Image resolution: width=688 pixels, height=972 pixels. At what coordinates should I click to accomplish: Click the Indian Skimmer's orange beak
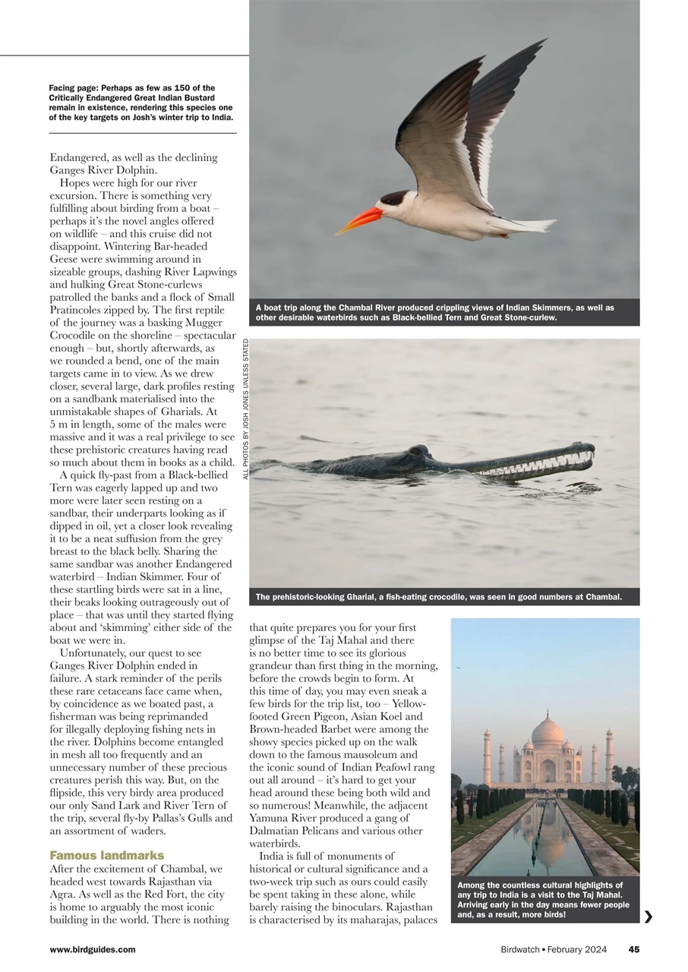coord(358,220)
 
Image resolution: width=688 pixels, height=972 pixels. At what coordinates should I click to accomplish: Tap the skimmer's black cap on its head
coord(394,198)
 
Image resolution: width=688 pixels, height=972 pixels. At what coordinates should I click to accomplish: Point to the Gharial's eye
coord(416,451)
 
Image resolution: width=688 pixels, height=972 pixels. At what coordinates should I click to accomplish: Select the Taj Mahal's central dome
coord(548,731)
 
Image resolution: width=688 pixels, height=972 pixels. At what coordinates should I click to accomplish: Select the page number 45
coord(633,949)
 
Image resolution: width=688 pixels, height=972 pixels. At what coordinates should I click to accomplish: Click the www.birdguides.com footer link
coord(93,949)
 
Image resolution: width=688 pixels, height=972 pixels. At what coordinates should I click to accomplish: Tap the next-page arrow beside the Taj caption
coord(648,917)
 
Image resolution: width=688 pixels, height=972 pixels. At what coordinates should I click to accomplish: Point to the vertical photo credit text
coord(245,408)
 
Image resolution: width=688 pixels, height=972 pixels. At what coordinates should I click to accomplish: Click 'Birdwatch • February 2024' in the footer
coord(554,949)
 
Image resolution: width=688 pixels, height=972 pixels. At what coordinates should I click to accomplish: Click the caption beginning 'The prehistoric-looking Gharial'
coord(438,597)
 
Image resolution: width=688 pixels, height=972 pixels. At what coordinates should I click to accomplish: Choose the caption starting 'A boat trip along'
coord(434,312)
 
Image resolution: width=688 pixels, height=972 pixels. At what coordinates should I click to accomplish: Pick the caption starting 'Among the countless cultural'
coord(543,900)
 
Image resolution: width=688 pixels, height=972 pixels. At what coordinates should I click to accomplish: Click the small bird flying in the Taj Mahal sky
coord(458,667)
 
